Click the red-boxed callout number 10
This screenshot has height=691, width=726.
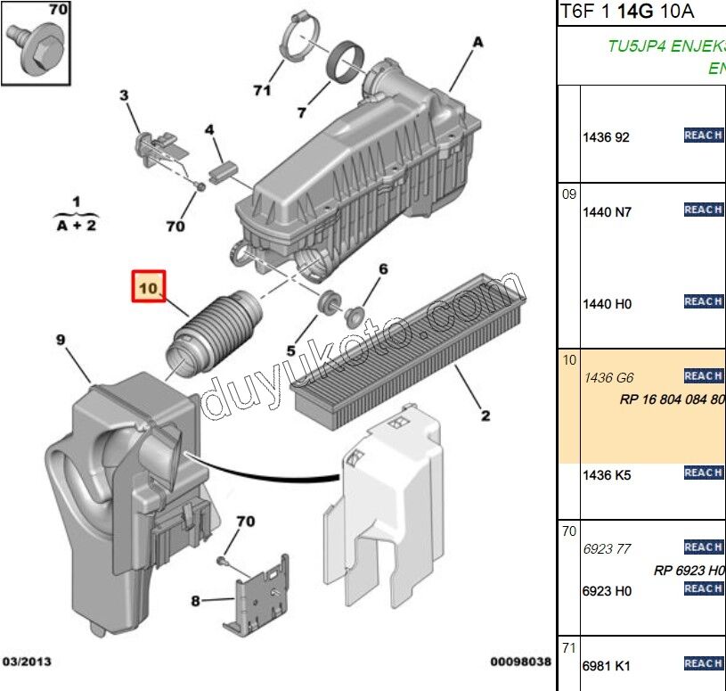[x=148, y=287]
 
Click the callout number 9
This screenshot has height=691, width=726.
[x=61, y=339]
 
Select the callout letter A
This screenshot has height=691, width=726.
[x=477, y=41]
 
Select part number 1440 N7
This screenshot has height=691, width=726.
[x=607, y=212]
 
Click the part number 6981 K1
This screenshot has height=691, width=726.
[x=607, y=665]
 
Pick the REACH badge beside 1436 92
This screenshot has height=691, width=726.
[x=703, y=136]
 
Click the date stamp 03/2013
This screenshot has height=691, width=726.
[x=27, y=663]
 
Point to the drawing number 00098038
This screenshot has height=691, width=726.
[x=520, y=663]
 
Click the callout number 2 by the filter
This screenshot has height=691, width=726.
[x=485, y=414]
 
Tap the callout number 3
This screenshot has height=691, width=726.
[x=124, y=95]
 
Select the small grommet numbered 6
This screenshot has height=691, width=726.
[x=354, y=314]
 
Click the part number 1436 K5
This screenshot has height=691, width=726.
[x=607, y=475]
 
